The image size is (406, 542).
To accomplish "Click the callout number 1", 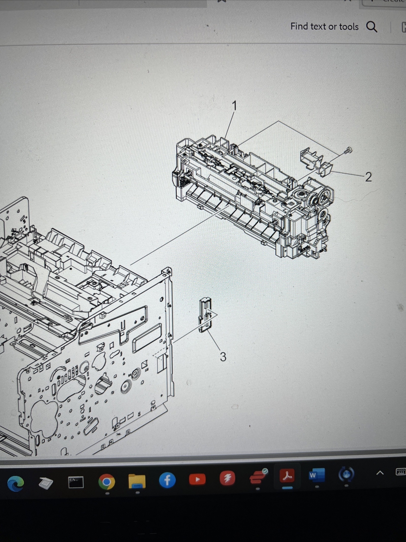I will pyautogui.click(x=234, y=106).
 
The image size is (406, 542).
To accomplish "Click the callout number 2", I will pyautogui.click(x=368, y=177).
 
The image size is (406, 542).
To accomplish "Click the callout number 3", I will pyautogui.click(x=223, y=357).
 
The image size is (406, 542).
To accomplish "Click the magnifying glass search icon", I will pyautogui.click(x=371, y=26).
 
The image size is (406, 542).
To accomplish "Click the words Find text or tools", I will pyautogui.click(x=324, y=26).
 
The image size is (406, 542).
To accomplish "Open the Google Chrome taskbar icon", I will pyautogui.click(x=107, y=481).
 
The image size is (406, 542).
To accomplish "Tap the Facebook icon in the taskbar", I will pyautogui.click(x=167, y=480).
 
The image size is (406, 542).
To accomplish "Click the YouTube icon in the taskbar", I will pyautogui.click(x=197, y=479).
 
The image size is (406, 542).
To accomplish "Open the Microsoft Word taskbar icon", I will pyautogui.click(x=317, y=475).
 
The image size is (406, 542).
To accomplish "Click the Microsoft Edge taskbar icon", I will pyautogui.click(x=16, y=483).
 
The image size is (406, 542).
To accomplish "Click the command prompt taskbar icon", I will pyautogui.click(x=76, y=482).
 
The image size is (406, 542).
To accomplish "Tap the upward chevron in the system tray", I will pyautogui.click(x=380, y=473).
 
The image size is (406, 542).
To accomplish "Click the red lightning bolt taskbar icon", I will pyautogui.click(x=227, y=478).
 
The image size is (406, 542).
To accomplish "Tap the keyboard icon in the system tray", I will pyautogui.click(x=400, y=471).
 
